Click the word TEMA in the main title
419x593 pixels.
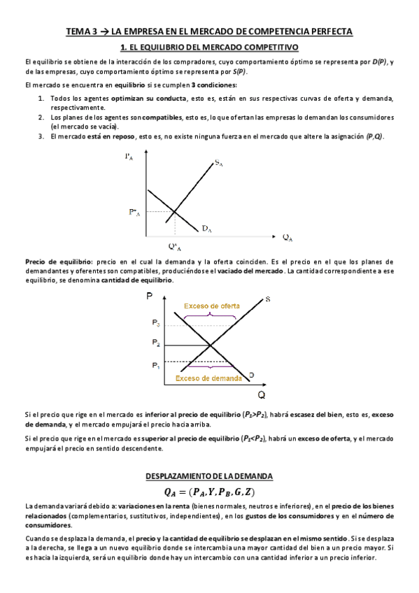click(x=77, y=31)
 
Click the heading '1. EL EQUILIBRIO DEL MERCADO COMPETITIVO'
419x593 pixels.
click(x=210, y=47)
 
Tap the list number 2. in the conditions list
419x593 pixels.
click(x=41, y=117)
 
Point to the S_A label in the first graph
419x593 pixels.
click(x=219, y=163)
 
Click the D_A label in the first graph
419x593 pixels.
click(x=208, y=228)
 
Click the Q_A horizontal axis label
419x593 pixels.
click(x=287, y=237)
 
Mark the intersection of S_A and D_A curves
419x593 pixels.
click(x=174, y=212)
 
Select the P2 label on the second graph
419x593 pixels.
click(x=155, y=343)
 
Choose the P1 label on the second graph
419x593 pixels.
click(x=155, y=365)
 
